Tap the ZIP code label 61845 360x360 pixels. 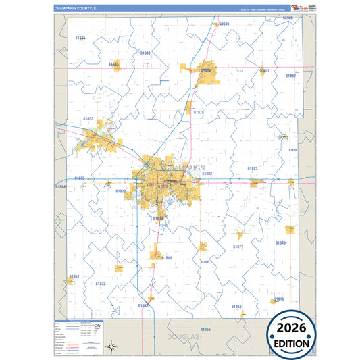pyautogui.click(x=80, y=38)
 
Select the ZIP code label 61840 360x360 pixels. pyautogui.click(x=145, y=52)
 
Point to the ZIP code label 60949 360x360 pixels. pyautogui.click(x=224, y=24)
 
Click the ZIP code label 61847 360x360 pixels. pyautogui.click(x=265, y=70)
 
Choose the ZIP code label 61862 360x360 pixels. pyautogui.click(x=290, y=76)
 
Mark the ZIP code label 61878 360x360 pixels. pyautogui.click(x=199, y=112)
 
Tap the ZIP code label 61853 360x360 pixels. pyautogui.click(x=88, y=118)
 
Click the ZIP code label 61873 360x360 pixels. pyautogui.click(x=252, y=168)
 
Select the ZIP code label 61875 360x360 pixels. pyautogui.click(x=80, y=178)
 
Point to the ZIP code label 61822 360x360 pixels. pyautogui.click(x=120, y=191)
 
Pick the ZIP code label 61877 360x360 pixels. pyautogui.click(x=238, y=247)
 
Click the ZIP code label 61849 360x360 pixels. pyautogui.click(x=280, y=242)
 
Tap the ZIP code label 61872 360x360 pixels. pyautogui.click(x=100, y=284)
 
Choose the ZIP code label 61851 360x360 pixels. pyautogui.click(x=74, y=276)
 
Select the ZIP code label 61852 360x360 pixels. pyautogui.click(x=236, y=306)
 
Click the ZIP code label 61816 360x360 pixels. pyautogui.click(x=279, y=299)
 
